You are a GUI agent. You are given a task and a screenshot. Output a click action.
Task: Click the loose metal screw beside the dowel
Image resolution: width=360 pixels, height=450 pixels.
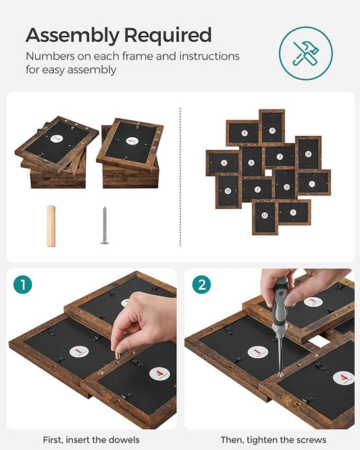tap(105, 225)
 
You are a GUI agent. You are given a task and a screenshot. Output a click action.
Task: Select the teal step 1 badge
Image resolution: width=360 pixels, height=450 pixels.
tap(22, 284)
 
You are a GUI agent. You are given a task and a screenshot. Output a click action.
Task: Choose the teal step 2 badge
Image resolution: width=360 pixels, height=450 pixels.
tap(201, 284)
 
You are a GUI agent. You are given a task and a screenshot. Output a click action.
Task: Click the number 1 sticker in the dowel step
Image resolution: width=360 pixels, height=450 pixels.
tap(78, 351)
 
